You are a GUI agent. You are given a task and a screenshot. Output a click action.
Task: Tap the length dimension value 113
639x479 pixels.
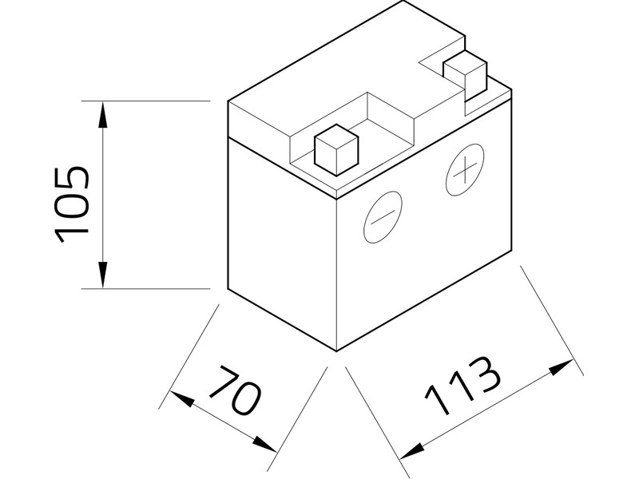coord(463,389)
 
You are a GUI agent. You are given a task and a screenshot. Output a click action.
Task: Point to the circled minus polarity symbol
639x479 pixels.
coord(383,217)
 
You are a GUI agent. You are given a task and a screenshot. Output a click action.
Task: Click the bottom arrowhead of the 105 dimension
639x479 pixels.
coord(103,275)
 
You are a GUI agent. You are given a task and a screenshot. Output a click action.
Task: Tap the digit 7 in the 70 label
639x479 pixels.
coord(223,381)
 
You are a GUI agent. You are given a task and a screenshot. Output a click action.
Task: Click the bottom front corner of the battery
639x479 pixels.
coord(336,350)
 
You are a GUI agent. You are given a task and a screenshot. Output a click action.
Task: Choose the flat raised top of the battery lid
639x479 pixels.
coord(319,76)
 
